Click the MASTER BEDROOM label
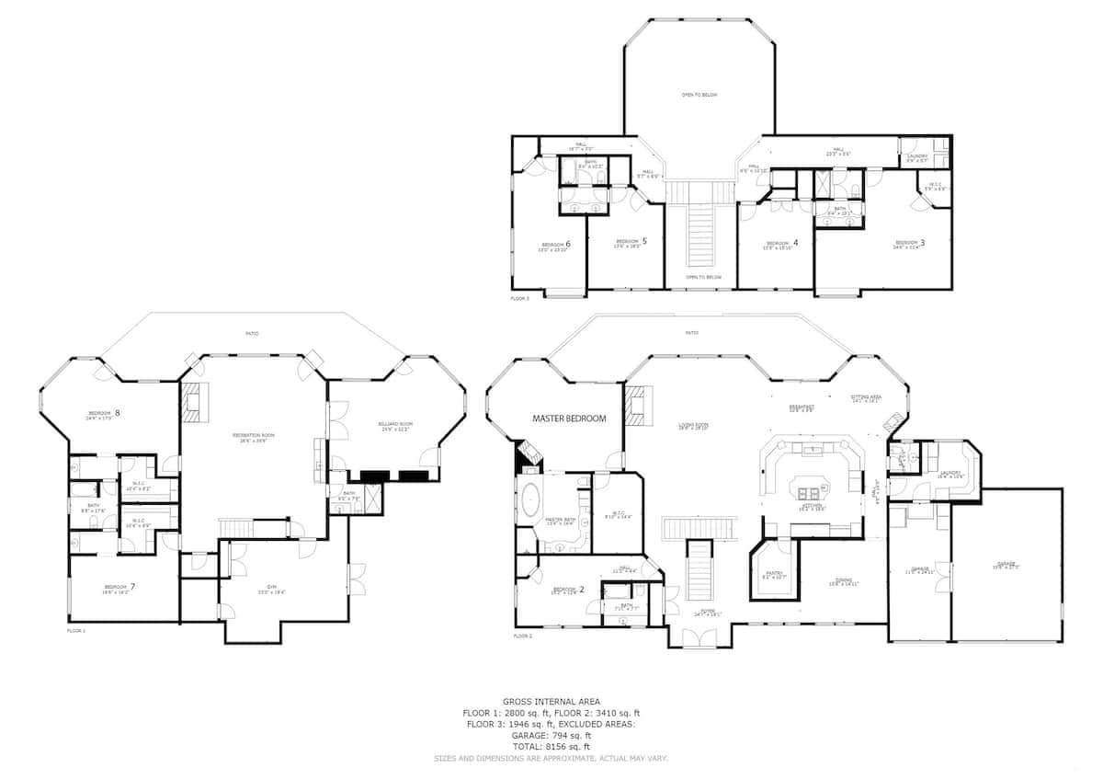[x=569, y=419]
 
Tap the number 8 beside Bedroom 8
[x=118, y=413]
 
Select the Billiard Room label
[x=395, y=425]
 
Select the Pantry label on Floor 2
[x=774, y=574]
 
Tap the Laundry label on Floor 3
[x=917, y=156]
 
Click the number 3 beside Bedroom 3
[x=922, y=243]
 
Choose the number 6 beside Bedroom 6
[x=568, y=244]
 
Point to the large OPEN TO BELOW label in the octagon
[x=699, y=95]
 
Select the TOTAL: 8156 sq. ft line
[x=551, y=747]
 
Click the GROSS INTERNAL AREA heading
[x=551, y=702]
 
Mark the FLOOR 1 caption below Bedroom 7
[x=75, y=631]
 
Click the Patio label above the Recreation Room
[x=251, y=333]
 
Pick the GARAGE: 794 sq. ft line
[x=551, y=736]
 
